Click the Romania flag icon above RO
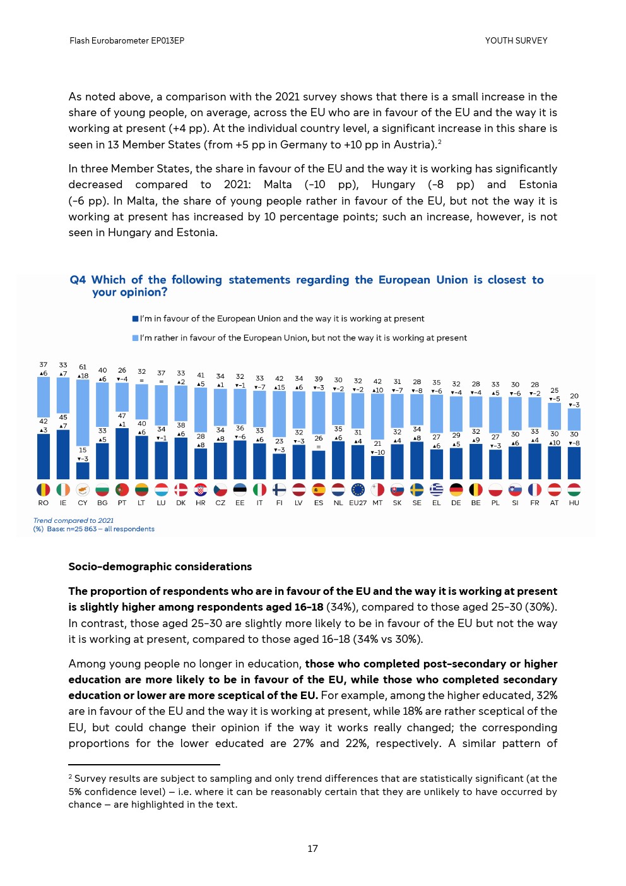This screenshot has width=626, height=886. [43, 489]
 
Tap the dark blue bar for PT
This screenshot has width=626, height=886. [122, 453]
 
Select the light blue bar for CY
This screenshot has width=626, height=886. [83, 412]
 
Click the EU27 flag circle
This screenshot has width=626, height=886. [358, 489]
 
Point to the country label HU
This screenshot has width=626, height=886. [574, 503]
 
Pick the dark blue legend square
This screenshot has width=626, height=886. [135, 319]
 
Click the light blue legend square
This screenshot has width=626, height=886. [135, 338]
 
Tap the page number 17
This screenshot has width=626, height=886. [312, 849]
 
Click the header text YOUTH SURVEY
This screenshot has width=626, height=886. [516, 40]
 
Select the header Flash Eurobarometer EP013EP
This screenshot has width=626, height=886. [127, 40]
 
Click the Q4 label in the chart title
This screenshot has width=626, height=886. [78, 280]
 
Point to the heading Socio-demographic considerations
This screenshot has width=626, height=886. [160, 566]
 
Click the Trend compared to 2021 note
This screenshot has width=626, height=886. [73, 520]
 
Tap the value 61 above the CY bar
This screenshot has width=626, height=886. [83, 367]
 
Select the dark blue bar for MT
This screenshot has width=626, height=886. [377, 467]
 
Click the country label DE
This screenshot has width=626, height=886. [456, 503]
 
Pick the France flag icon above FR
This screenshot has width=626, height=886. [534, 489]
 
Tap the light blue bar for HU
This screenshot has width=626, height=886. [574, 419]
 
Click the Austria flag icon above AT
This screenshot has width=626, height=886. [554, 489]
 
